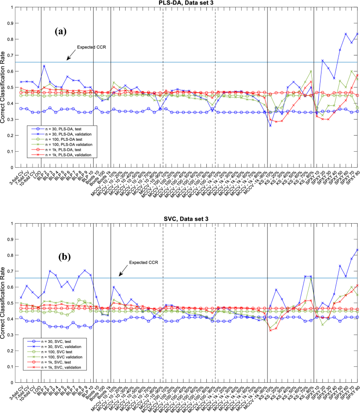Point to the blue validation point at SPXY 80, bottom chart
click(357, 250)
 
